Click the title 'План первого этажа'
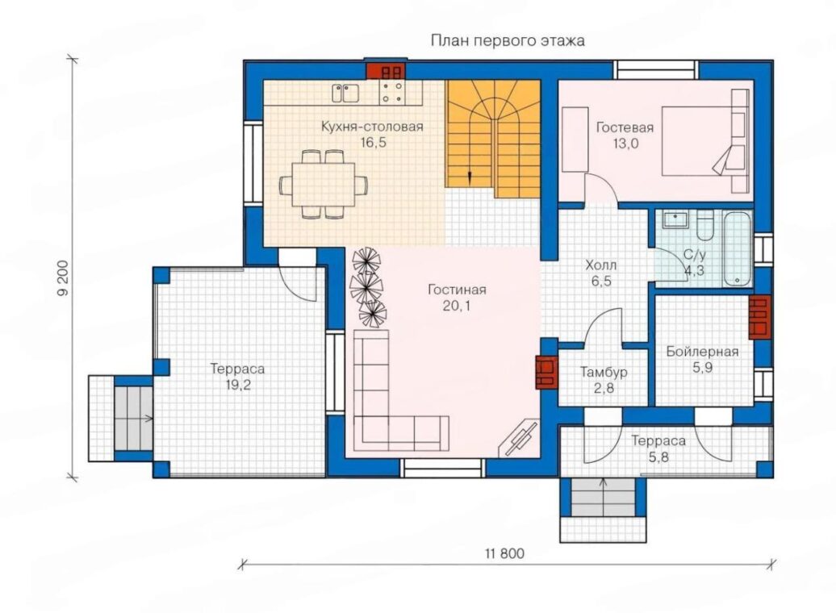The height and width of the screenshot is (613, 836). pyautogui.click(x=508, y=41)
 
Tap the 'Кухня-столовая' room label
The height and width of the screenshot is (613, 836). pyautogui.click(x=372, y=127)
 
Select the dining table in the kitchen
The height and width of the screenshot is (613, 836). pyautogui.click(x=323, y=185)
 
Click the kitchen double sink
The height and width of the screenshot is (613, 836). pyautogui.click(x=345, y=94)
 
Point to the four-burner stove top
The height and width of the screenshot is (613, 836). pyautogui.click(x=392, y=91)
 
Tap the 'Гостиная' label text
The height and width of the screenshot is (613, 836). pyautogui.click(x=457, y=290)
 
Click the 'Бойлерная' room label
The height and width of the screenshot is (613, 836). pyautogui.click(x=702, y=352)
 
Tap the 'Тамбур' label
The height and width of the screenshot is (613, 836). pyautogui.click(x=604, y=372)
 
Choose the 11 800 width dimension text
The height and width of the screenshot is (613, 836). pyautogui.click(x=504, y=554)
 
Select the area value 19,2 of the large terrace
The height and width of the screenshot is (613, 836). pyautogui.click(x=237, y=385)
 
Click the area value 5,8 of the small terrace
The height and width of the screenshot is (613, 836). pyautogui.click(x=659, y=457)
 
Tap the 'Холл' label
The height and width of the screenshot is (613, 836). pyautogui.click(x=601, y=265)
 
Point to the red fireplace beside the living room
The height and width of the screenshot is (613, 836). pyautogui.click(x=546, y=372)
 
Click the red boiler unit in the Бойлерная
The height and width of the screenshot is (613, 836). pyautogui.click(x=760, y=317)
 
